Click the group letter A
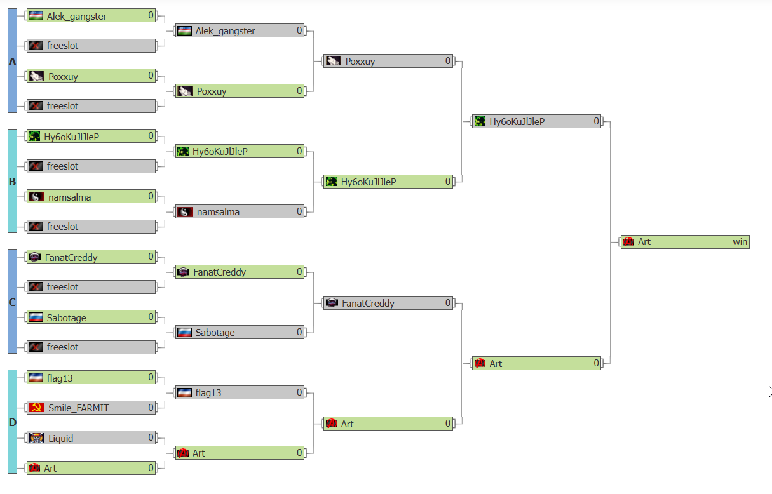(x=13, y=62)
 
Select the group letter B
(x=13, y=182)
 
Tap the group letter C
(x=13, y=302)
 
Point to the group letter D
(x=13, y=422)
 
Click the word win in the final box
(x=740, y=242)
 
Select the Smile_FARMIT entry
(x=91, y=408)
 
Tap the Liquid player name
(x=60, y=439)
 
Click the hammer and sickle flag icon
(x=36, y=408)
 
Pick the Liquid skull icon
(x=36, y=438)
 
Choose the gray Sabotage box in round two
(x=240, y=333)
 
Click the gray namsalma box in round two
(x=240, y=212)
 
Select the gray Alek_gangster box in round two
(x=240, y=31)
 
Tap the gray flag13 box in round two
(x=240, y=392)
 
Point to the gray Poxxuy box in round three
(x=388, y=62)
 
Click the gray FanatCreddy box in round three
(x=388, y=303)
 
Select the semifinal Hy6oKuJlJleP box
(x=537, y=122)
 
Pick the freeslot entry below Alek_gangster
(x=91, y=46)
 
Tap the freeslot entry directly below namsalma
(x=91, y=227)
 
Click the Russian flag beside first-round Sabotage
(x=36, y=317)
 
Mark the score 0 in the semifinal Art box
(x=596, y=363)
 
